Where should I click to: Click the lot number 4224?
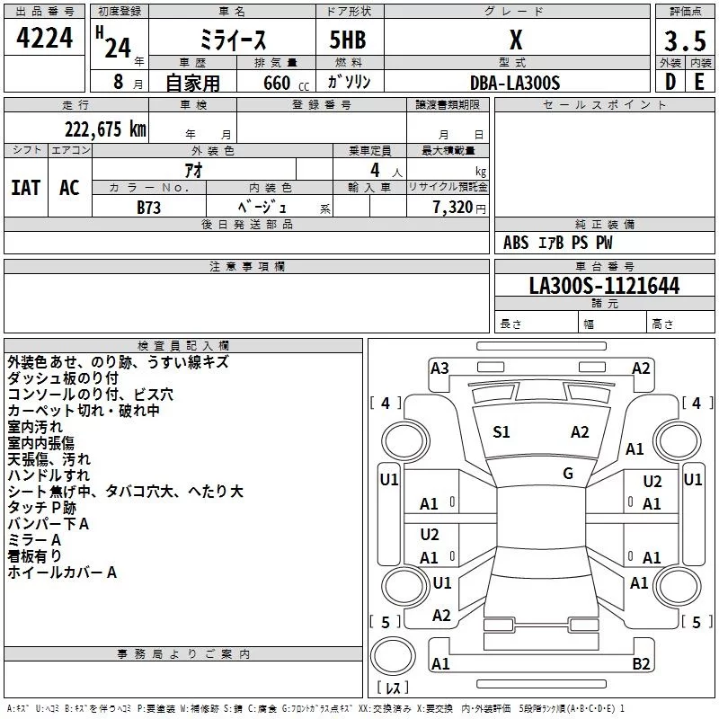44,38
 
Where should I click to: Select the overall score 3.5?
685,40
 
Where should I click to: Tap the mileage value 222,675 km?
105,129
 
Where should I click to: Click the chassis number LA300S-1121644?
604,286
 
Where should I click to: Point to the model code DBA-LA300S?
515,83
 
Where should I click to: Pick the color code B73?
149,208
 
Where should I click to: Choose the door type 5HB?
348,40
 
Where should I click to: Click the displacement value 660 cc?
286,84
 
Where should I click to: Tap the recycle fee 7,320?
453,208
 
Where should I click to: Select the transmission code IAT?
26,188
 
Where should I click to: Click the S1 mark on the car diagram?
502,432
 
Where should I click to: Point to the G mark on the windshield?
568,474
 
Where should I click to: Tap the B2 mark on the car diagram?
641,664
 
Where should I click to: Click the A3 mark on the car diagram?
439,368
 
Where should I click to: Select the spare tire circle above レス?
393,656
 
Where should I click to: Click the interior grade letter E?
699,82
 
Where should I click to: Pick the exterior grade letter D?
670,82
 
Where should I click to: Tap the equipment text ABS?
516,243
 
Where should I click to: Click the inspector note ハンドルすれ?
49,475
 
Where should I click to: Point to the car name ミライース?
233,40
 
